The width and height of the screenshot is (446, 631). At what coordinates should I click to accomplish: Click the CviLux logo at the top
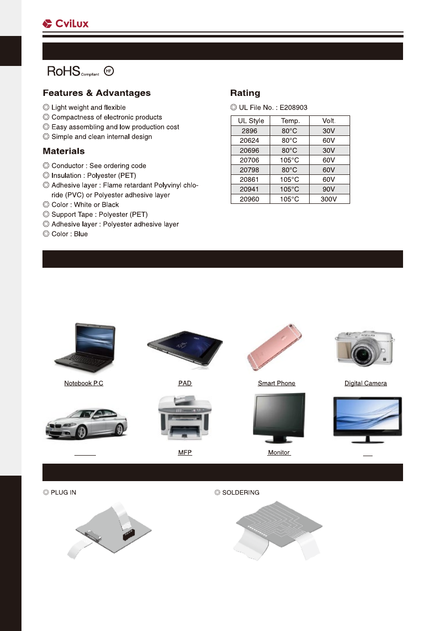pyautogui.click(x=65, y=23)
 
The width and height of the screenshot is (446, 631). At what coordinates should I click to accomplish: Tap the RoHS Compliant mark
pyautogui.click(x=73, y=71)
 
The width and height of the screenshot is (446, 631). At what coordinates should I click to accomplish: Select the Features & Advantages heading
pyautogui.click(x=96, y=93)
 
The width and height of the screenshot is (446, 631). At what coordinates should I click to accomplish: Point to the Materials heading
pyautogui.click(x=63, y=151)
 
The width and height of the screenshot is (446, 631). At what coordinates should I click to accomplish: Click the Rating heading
pyautogui.click(x=245, y=93)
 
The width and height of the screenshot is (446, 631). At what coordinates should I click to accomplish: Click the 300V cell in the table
pyautogui.click(x=329, y=199)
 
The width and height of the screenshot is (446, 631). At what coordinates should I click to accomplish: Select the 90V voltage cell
pyautogui.click(x=329, y=189)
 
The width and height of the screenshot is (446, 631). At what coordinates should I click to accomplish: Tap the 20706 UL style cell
pyautogui.click(x=250, y=160)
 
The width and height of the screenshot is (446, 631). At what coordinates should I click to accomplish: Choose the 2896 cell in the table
pyautogui.click(x=250, y=131)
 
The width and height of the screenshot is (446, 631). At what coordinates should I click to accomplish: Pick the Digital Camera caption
pyautogui.click(x=366, y=384)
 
